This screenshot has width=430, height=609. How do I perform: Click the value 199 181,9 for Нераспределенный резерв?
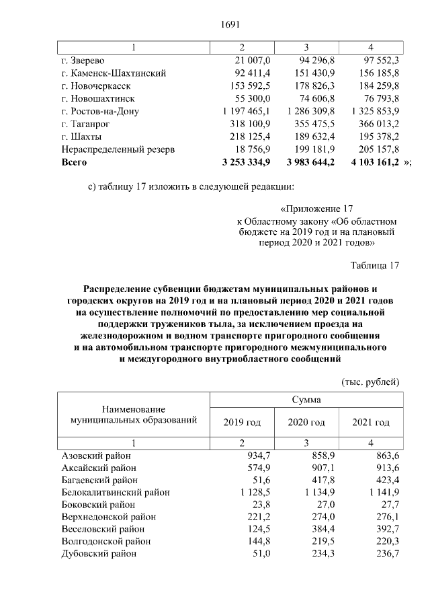point(306,149)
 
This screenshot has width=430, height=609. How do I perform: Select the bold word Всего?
point(75,162)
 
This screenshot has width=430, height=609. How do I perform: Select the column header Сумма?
point(306,400)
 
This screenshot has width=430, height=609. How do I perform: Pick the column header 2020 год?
point(306,422)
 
